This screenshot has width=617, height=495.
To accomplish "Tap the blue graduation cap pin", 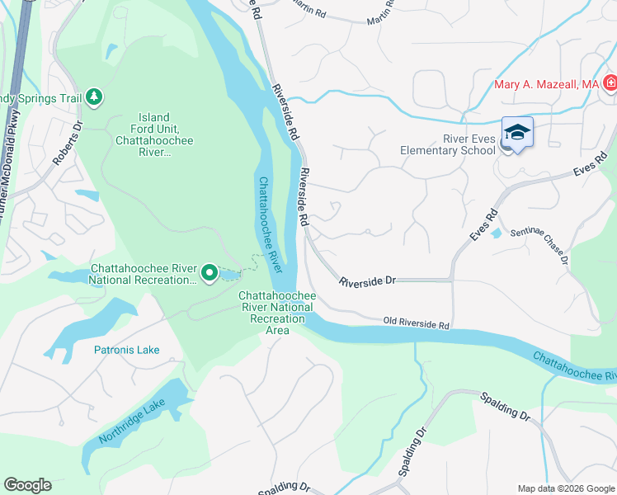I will pyautogui.click(x=517, y=133).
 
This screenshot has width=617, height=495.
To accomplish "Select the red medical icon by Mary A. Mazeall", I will pyautogui.click(x=610, y=83).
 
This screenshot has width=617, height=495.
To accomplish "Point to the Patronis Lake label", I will pyautogui.click(x=126, y=350).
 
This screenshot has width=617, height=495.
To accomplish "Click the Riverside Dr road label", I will pyautogui.click(x=368, y=281).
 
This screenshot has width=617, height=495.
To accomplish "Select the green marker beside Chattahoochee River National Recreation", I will pyautogui.click(x=210, y=272).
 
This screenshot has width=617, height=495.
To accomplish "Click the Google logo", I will pyautogui.click(x=27, y=485).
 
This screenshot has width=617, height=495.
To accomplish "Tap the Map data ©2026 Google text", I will pyautogui.click(x=565, y=488).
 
